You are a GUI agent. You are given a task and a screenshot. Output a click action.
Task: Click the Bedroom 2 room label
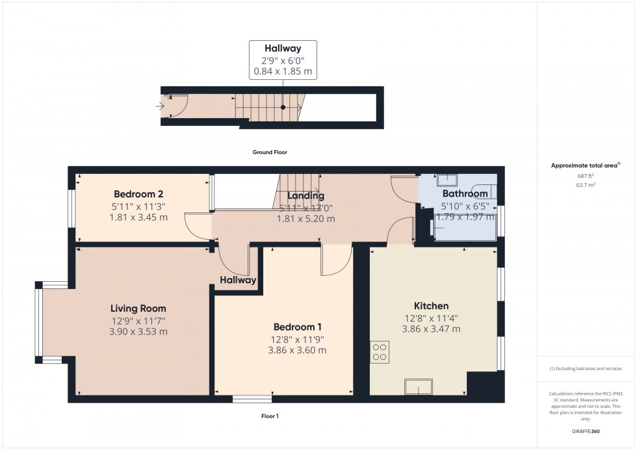pos(138,194)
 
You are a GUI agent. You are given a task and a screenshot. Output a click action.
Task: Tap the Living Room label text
pos(138,308)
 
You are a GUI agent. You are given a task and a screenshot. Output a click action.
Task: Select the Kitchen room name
pos(431,306)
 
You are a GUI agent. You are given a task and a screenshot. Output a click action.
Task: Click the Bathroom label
pos(465,194)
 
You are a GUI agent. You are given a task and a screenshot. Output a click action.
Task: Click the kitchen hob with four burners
pos(380,351)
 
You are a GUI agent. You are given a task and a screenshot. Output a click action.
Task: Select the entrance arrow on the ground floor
pos(160,105)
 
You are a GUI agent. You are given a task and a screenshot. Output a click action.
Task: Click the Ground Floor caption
pos(270,153)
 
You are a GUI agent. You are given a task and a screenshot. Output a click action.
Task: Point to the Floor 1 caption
pos(270,416)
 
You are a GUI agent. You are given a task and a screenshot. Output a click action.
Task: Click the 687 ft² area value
pos(586,175)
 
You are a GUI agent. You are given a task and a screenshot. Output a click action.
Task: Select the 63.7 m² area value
pos(586,185)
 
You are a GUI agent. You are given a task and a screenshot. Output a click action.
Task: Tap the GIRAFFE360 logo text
pos(586,431)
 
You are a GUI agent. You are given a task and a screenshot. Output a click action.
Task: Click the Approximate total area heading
pos(584,166)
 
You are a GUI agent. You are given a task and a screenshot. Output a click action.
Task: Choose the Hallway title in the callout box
pos(283,48)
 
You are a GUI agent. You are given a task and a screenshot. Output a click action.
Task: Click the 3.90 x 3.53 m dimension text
pos(138,332)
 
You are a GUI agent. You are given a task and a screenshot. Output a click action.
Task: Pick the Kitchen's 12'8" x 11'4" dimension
pos(431,318)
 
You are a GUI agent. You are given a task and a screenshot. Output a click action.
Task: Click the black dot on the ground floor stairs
pos(283,107)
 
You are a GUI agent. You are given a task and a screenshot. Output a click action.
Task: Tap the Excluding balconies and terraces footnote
pos(586,368)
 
